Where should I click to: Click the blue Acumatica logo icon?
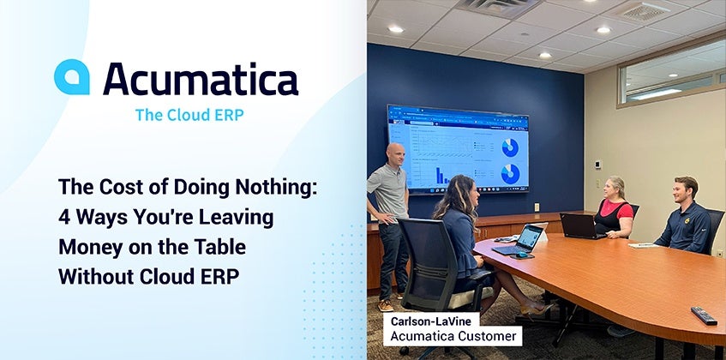72,77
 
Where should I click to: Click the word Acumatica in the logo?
201,79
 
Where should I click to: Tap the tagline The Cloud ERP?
189,115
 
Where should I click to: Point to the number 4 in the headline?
64,217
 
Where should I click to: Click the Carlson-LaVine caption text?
427,321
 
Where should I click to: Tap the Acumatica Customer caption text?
453,336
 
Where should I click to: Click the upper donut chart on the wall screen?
510,147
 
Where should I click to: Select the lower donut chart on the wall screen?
510,174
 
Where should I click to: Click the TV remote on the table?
704,315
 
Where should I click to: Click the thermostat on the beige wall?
597,165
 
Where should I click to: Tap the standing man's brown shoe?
385,306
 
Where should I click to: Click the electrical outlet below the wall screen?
537,207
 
